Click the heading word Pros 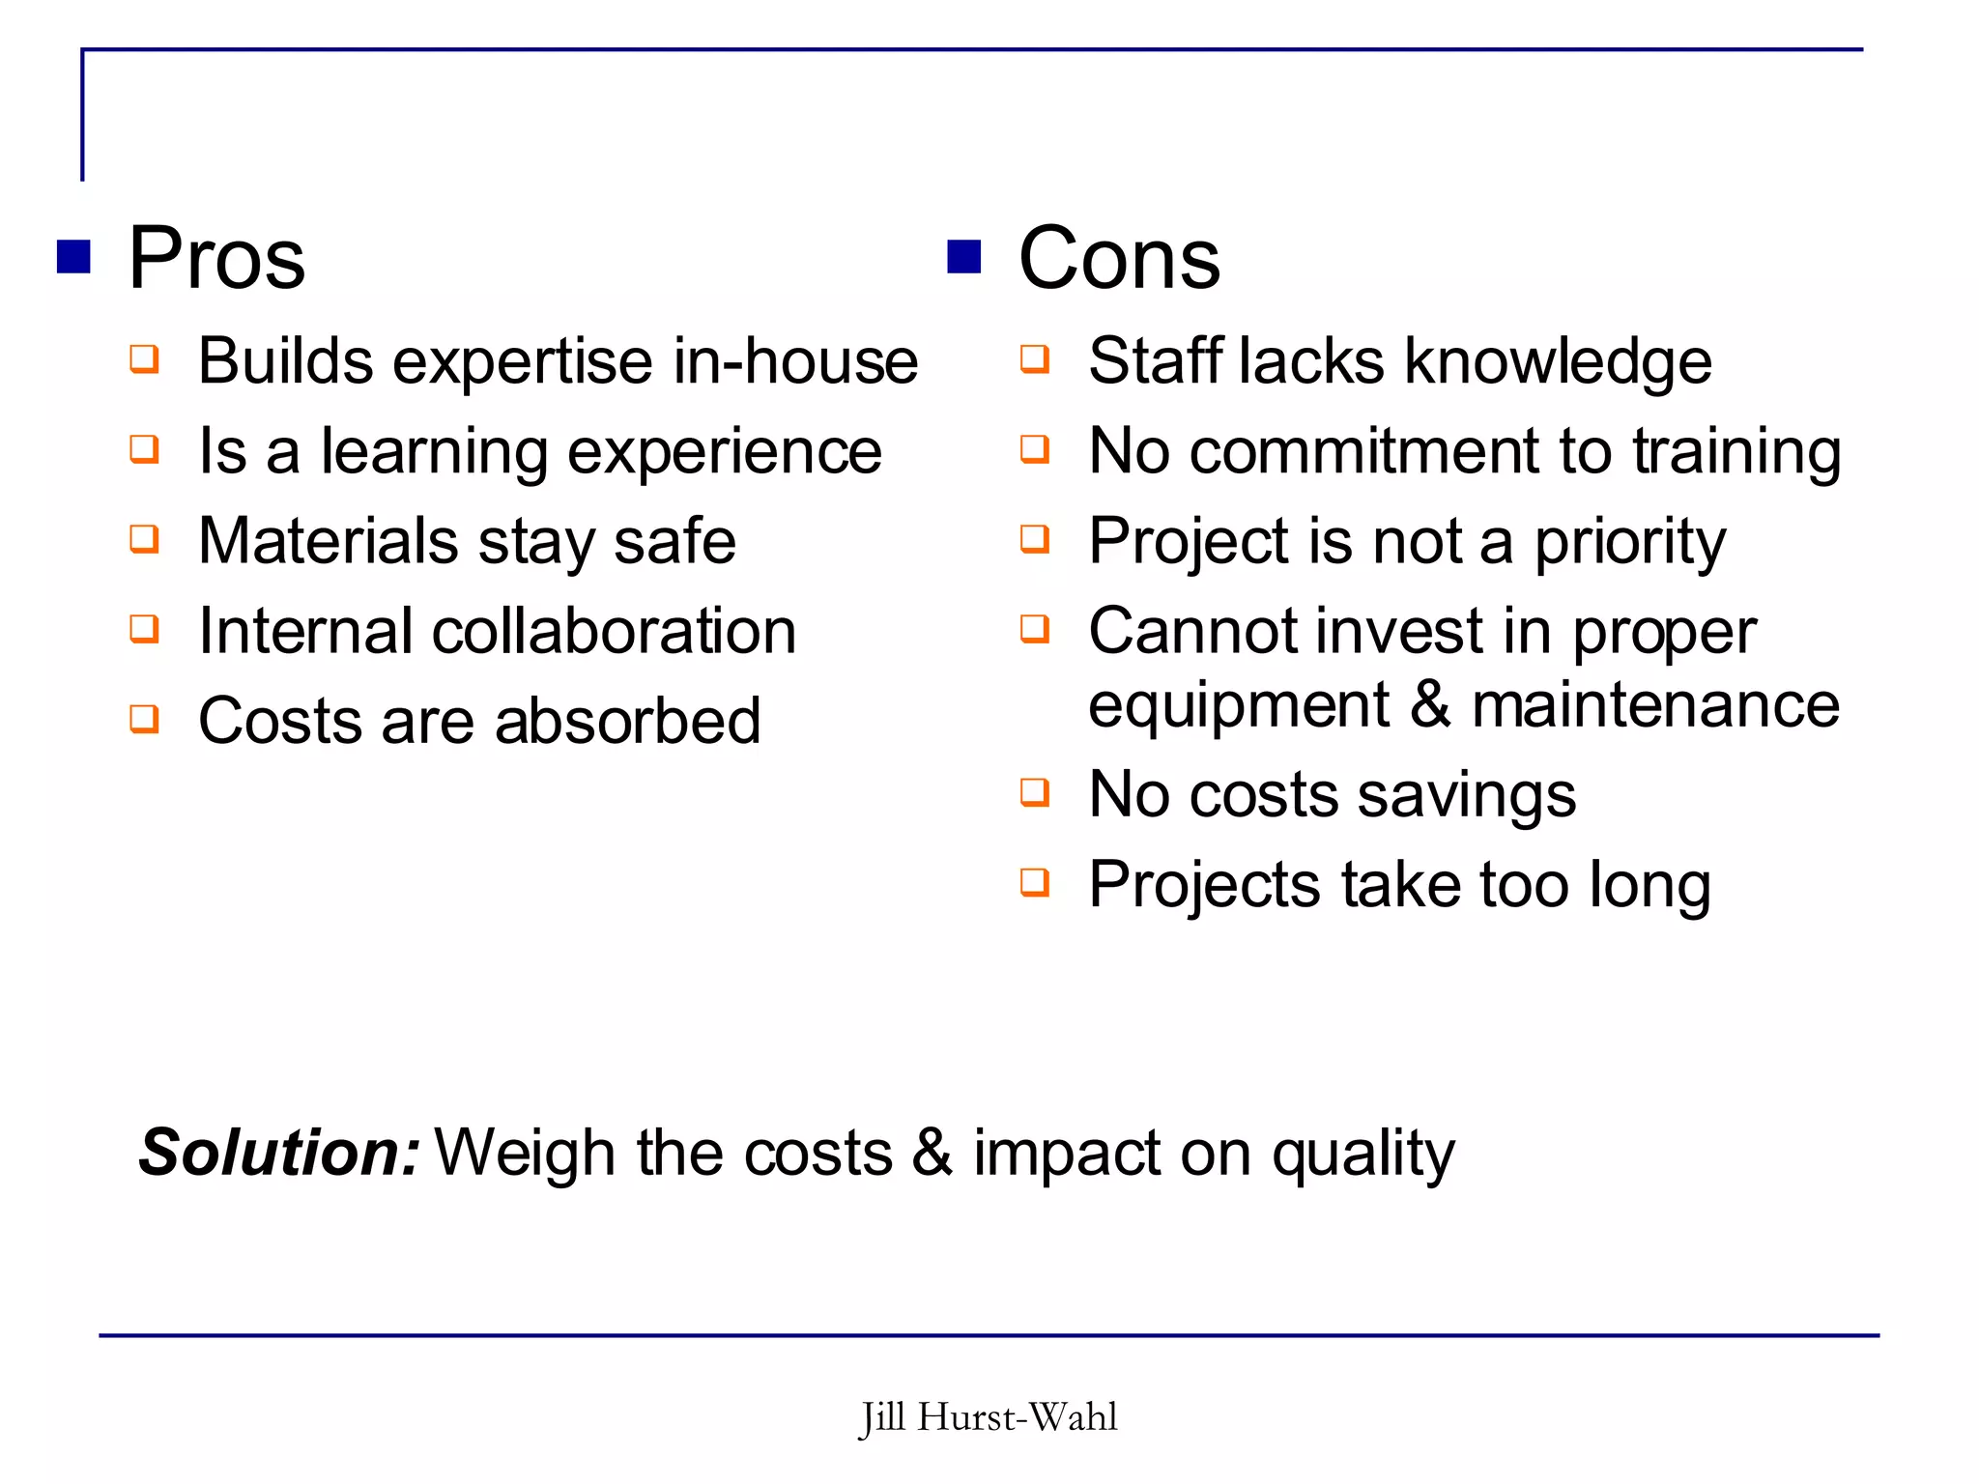pyautogui.click(x=216, y=258)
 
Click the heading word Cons pyautogui.click(x=1119, y=258)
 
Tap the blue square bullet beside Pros pyautogui.click(x=73, y=257)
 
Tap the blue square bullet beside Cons pyautogui.click(x=963, y=257)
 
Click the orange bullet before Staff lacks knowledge pyautogui.click(x=1035, y=359)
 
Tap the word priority pyautogui.click(x=1630, y=542)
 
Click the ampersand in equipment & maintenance pyautogui.click(x=1430, y=704)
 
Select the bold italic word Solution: pyautogui.click(x=279, y=1153)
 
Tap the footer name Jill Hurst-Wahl pyautogui.click(x=988, y=1417)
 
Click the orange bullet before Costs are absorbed pyautogui.click(x=145, y=719)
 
